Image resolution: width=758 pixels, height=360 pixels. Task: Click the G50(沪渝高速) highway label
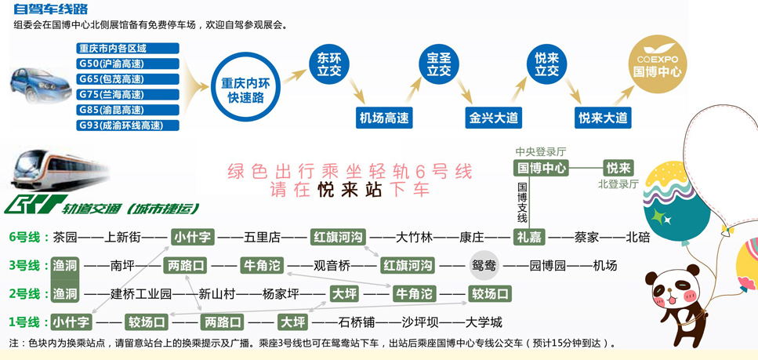[128, 64]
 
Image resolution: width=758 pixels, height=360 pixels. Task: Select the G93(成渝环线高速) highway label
[128, 125]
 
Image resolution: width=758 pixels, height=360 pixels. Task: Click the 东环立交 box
[329, 64]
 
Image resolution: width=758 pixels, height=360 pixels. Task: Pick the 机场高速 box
[385, 118]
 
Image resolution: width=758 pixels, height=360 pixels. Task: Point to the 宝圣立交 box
[439, 64]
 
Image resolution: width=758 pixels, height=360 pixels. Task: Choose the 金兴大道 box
[494, 118]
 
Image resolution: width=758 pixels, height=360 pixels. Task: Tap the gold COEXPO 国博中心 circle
[658, 64]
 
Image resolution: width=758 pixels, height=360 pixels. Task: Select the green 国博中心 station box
[541, 167]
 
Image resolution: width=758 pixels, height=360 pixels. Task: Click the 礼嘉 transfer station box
[528, 237]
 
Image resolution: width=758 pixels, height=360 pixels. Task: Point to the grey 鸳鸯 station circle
[484, 265]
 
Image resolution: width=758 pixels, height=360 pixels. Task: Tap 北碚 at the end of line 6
[637, 237]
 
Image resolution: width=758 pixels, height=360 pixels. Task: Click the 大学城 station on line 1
[483, 322]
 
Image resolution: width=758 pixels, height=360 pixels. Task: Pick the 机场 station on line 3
[604, 265]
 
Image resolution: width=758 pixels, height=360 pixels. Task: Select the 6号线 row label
[25, 237]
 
